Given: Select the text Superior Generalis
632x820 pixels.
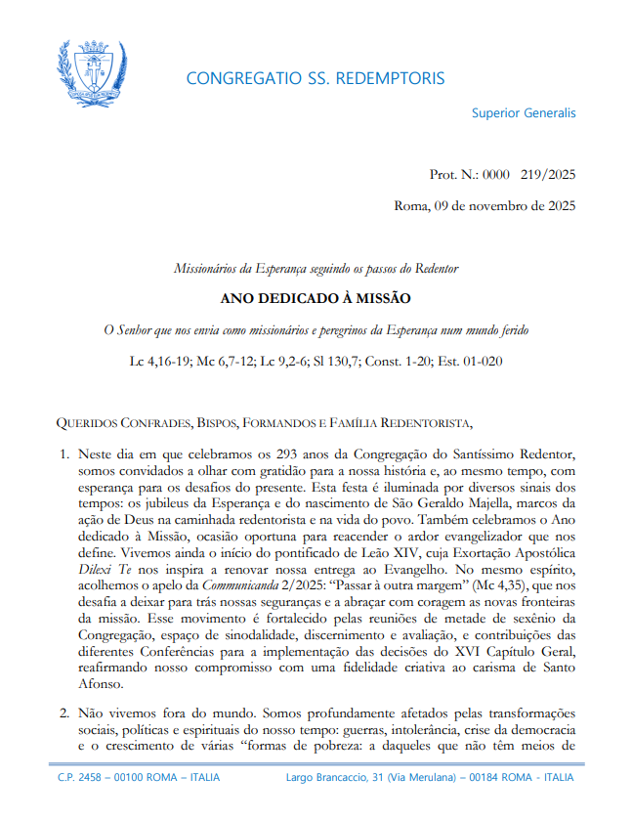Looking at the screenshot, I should coord(524,112).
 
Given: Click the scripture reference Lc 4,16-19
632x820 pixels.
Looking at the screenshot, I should coord(162,361).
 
